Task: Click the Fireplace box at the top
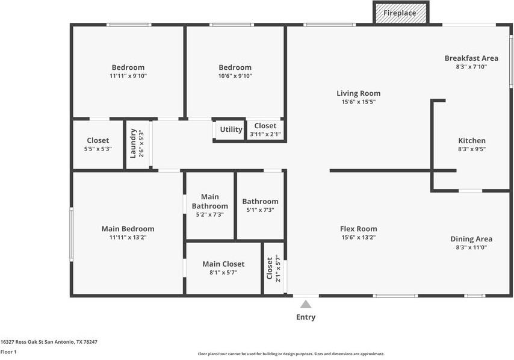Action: tap(401, 13)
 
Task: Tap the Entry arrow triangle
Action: tap(306, 304)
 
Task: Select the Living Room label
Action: tap(358, 93)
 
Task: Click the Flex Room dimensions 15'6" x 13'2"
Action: tap(358, 237)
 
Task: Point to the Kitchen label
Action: tap(472, 141)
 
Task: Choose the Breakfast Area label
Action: tap(471, 58)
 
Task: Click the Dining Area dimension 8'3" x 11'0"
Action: tap(471, 247)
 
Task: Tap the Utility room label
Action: tap(231, 129)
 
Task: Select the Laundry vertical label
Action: tap(134, 143)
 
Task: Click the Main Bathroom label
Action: tap(210, 201)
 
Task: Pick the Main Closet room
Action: tap(223, 268)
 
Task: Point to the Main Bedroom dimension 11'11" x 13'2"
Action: tap(128, 237)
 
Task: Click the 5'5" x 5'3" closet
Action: tap(98, 144)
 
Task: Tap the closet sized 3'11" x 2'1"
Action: tap(265, 130)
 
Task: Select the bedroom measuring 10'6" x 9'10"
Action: tap(235, 71)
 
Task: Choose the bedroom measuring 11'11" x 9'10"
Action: tap(128, 71)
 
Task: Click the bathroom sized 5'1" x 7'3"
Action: tap(260, 205)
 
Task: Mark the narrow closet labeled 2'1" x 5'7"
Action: tap(274, 268)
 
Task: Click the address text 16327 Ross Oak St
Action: tap(49, 342)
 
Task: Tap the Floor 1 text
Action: tap(8, 352)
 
